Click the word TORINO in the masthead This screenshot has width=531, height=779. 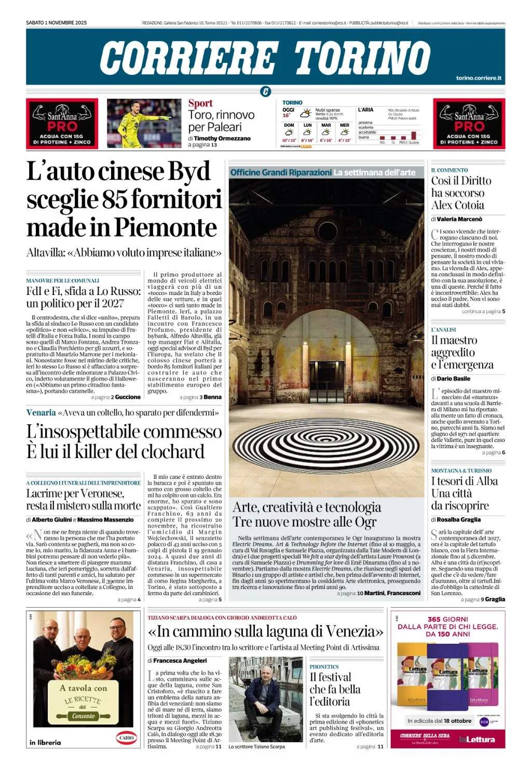point(362,58)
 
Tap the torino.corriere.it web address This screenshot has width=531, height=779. point(479,78)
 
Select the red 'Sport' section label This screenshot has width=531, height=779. point(200,103)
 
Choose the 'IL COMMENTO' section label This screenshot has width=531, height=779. point(450,170)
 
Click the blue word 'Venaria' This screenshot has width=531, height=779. point(41,412)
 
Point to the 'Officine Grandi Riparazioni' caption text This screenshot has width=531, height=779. point(280,172)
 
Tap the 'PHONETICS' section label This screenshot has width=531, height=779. point(324,666)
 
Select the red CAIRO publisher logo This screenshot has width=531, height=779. point(126,737)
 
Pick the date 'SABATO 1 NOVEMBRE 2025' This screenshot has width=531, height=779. point(56,23)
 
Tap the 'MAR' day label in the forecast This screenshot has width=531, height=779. point(326,125)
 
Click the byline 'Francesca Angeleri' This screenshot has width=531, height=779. point(180,661)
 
